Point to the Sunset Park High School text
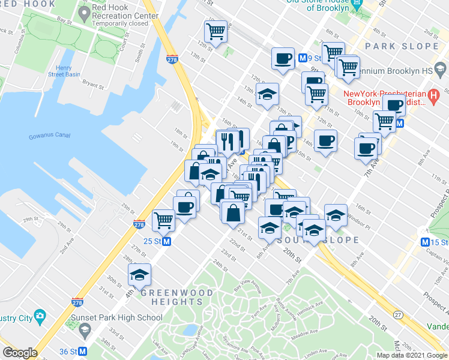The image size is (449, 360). coord(116,318)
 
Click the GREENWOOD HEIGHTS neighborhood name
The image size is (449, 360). coord(176,297)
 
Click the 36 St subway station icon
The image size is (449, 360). coord(83,352)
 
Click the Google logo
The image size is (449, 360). coord(20,353)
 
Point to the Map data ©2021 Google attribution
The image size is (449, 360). coord(411,355)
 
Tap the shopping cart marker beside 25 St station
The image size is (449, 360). coord(163,220)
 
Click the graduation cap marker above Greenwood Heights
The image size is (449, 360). coord(139,275)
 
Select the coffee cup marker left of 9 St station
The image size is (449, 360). coord(283,59)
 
